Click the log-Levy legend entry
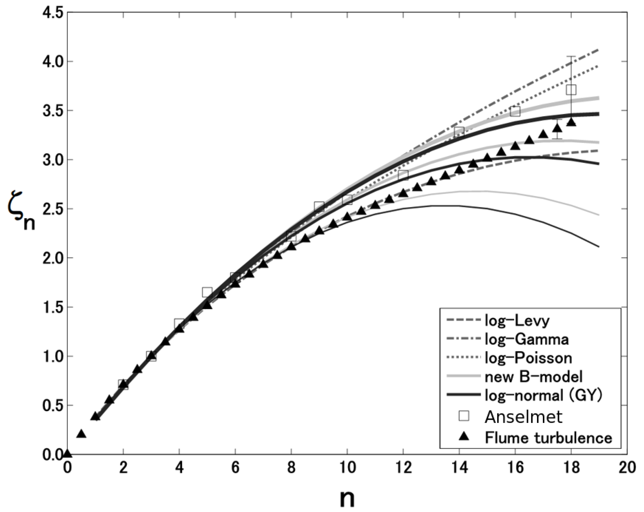coord(517,321)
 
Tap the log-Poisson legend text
coord(528,358)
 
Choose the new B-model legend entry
coord(533,377)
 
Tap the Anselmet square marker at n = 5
coord(207,292)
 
